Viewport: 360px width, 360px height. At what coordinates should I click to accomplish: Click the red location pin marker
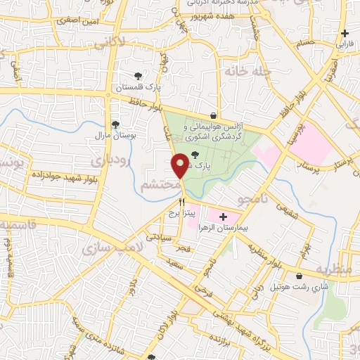coord(181,165)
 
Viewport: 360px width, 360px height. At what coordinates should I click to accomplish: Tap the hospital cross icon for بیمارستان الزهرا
coord(224,217)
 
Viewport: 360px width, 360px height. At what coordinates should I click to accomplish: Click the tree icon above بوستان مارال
coord(115,124)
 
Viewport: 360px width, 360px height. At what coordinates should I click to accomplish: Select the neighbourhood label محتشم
coord(159,185)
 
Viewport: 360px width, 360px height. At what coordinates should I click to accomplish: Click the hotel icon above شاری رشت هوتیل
coord(300,276)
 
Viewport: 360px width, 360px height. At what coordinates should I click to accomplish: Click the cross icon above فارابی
coord(345,33)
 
